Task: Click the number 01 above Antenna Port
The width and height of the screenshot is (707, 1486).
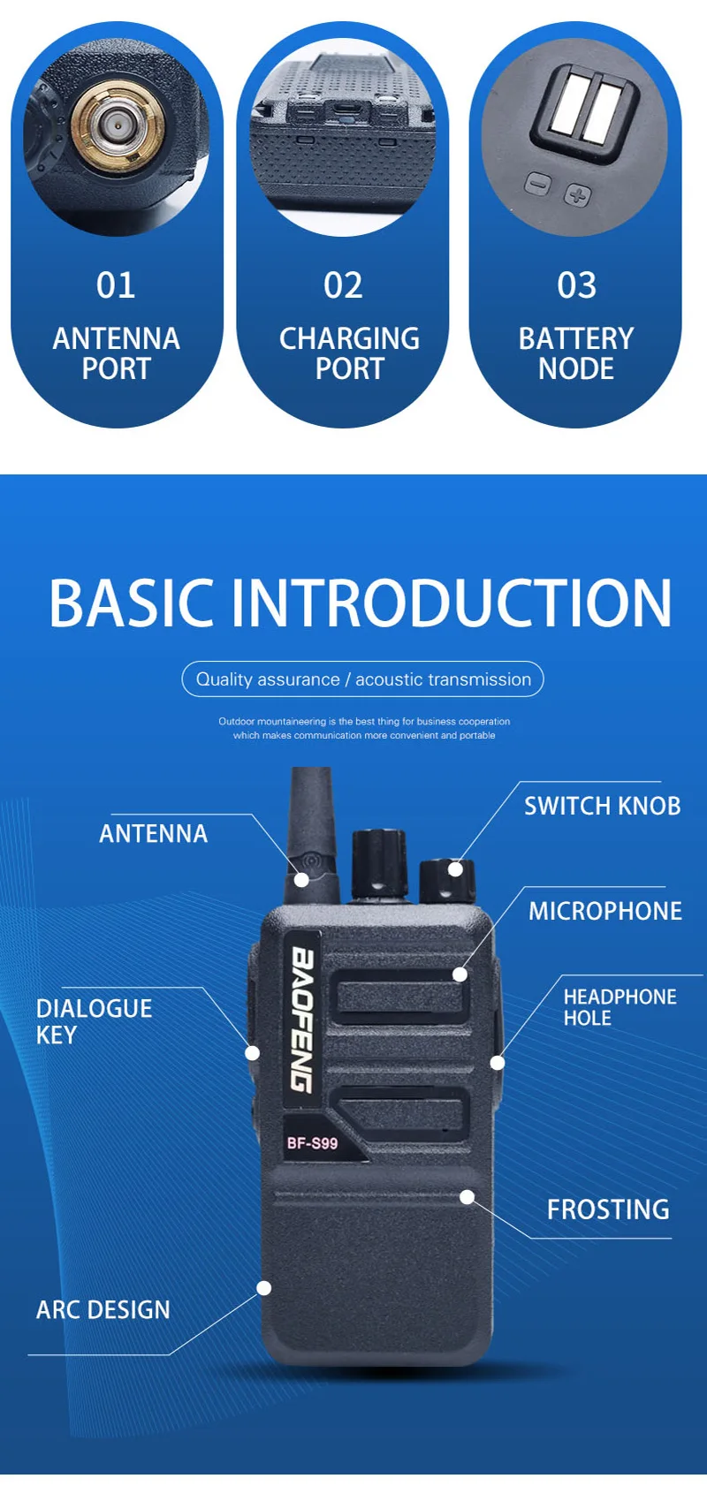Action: (x=116, y=285)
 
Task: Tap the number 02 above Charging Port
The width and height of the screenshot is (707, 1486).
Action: (x=343, y=285)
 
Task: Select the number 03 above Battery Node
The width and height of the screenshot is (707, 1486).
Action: (x=576, y=285)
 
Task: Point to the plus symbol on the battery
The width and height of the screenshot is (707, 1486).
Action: (x=578, y=195)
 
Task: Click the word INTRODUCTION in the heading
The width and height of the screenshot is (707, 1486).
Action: (x=452, y=603)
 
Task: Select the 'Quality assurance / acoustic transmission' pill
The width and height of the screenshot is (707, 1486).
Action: (x=362, y=679)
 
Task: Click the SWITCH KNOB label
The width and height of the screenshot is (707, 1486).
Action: (x=602, y=806)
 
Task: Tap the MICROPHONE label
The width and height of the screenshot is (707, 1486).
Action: (x=605, y=911)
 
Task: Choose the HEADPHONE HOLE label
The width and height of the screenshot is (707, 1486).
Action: (x=620, y=1007)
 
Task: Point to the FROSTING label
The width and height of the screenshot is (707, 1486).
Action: (x=608, y=1209)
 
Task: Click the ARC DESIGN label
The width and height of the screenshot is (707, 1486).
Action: (x=103, y=1309)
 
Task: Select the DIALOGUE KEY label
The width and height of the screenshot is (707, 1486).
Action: (x=94, y=1021)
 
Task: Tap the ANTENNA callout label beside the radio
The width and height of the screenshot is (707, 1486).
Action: (x=153, y=834)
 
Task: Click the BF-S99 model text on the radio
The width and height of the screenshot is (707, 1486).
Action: (x=312, y=1143)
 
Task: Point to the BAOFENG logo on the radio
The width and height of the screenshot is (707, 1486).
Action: (x=303, y=1020)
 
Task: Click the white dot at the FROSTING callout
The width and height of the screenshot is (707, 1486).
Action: (x=468, y=1197)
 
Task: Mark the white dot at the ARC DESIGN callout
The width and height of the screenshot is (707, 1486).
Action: (x=264, y=1287)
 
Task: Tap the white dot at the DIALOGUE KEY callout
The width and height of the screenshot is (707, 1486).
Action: (x=252, y=1053)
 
